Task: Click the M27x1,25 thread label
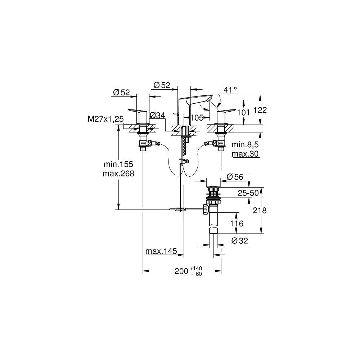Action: pos(105,119)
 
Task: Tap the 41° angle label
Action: pos(230,90)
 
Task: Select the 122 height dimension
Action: pos(260,110)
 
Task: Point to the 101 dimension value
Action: pos(243,112)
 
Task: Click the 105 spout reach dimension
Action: pos(197,118)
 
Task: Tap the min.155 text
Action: pos(118,164)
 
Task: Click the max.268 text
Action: pos(118,174)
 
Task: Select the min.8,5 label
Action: pos(245,144)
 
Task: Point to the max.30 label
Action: pos(245,154)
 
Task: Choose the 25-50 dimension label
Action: pos(248,193)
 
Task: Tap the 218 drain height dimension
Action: pos(260,210)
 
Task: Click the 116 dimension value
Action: pos(237,223)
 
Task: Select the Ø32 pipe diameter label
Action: pos(240,240)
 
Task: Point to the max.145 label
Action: pos(161,251)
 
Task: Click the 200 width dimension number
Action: pos(181,271)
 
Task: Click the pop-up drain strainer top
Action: pos(213,189)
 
